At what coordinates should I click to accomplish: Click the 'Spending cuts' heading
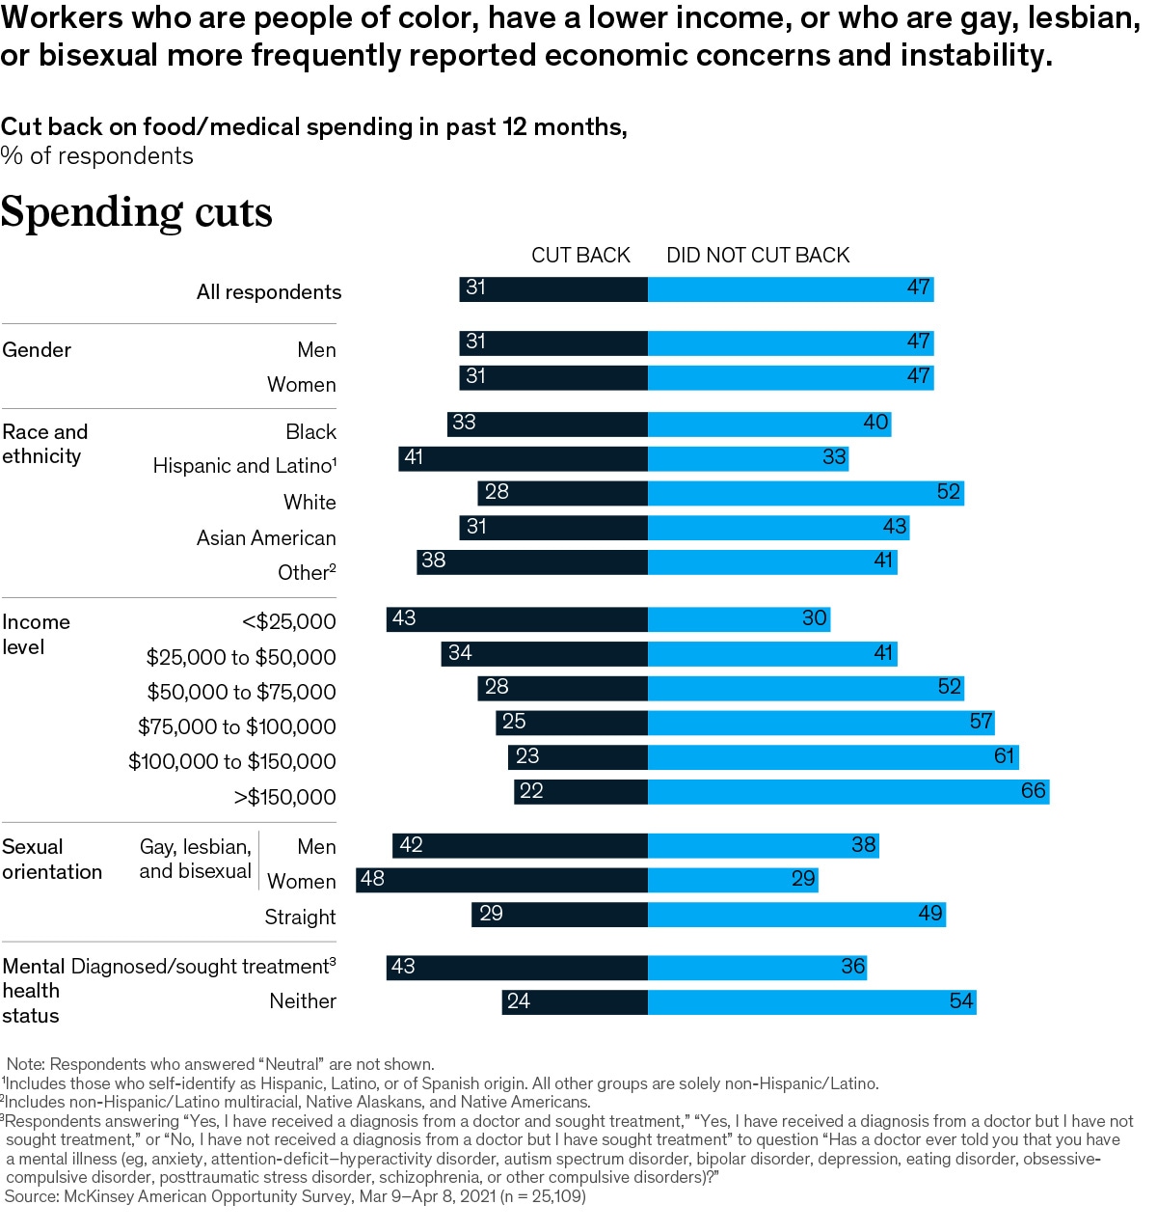coord(136,212)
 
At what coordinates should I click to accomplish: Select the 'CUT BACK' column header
coord(580,256)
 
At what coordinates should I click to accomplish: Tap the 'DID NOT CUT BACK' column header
coord(758,256)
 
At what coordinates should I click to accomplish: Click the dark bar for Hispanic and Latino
coord(524,458)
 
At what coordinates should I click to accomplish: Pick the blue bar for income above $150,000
coord(848,792)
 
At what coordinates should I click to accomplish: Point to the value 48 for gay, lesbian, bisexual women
coord(372,879)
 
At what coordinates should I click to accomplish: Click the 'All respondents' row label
coord(269,292)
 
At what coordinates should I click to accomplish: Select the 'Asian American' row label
coord(266,538)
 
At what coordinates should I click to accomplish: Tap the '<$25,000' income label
coord(288,622)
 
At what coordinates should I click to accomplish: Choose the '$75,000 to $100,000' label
coord(236,727)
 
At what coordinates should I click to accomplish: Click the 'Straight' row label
coord(300,917)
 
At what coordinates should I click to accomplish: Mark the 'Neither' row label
coord(303,1001)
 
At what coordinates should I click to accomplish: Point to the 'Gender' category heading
coord(37,350)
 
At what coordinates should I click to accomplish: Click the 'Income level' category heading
coord(36,635)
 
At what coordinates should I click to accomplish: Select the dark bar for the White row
coord(563,493)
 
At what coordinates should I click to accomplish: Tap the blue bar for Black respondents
coord(769,424)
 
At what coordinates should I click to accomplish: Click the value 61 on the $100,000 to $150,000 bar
coord(1005,756)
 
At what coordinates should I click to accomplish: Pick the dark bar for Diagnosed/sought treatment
coord(518,968)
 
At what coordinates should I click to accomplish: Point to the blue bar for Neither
coord(812,1002)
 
